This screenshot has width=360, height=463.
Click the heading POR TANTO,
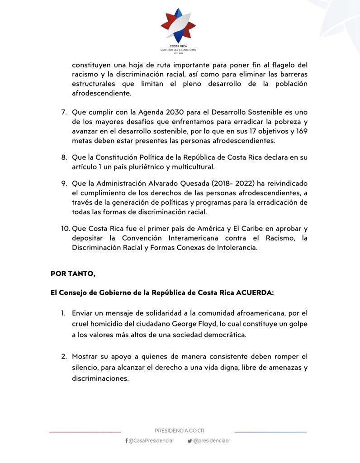point(73,274)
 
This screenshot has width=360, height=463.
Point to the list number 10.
point(65,228)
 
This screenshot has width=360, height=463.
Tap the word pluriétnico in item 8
point(161,167)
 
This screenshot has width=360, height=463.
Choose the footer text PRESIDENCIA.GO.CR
point(179,431)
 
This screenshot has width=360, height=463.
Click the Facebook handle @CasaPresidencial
point(151,441)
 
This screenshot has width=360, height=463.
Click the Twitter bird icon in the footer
point(189,441)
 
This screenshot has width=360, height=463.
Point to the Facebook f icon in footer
point(126,441)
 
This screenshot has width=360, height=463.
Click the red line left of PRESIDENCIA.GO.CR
point(85,432)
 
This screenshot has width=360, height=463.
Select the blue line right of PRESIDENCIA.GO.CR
point(270,432)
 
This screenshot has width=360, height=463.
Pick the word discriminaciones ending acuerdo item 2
point(100,379)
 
